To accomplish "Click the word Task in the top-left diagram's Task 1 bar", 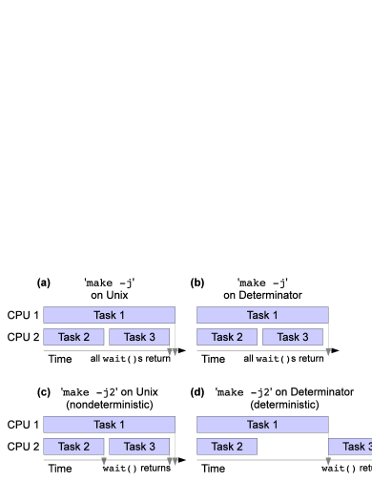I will [104, 315].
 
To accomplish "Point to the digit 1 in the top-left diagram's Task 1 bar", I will [121, 315].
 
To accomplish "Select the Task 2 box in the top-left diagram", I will [73, 337].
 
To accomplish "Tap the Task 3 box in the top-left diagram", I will [139, 337].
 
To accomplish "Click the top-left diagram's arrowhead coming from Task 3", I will [170, 352].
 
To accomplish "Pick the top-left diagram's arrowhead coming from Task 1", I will [176, 352].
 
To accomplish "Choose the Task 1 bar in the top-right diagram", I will [262, 315].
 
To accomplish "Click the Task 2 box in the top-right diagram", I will [227, 337].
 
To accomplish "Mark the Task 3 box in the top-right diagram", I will [293, 337].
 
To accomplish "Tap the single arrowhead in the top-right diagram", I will [328, 352].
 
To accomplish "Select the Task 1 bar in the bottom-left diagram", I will [109, 425].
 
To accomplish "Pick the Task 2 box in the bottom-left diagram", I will [73, 447].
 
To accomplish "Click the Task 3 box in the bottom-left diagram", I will [139, 447].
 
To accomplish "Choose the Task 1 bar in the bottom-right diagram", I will [262, 425].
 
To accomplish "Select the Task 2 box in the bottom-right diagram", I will [227, 447].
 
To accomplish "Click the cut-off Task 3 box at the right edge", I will [353, 447].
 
